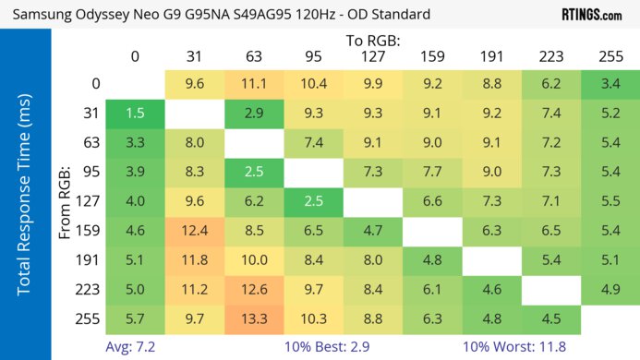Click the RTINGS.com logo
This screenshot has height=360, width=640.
pyautogui.click(x=591, y=15)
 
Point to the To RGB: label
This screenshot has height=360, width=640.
pyautogui.click(x=373, y=41)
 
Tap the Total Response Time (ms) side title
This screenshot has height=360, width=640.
pyautogui.click(x=25, y=197)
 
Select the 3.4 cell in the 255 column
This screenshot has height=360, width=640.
pyautogui.click(x=610, y=84)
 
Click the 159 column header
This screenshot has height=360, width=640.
pyautogui.click(x=431, y=57)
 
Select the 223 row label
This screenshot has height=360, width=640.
pyautogui.click(x=86, y=290)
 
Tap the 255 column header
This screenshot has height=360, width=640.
pyautogui.click(x=610, y=57)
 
